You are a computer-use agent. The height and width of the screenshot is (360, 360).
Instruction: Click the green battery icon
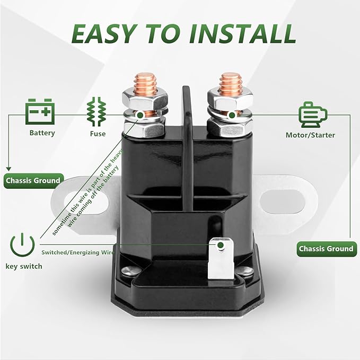pyautogui.click(x=40, y=111)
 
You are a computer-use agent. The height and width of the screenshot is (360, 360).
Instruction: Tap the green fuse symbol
pyautogui.click(x=96, y=111)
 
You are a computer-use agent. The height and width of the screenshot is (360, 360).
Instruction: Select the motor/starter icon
pyautogui.click(x=313, y=115)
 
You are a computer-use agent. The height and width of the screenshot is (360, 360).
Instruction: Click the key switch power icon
pyautogui.click(x=22, y=245)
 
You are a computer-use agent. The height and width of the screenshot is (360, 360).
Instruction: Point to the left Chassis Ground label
pyautogui.click(x=33, y=181)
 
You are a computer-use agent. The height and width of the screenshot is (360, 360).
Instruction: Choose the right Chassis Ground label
pyautogui.click(x=327, y=249)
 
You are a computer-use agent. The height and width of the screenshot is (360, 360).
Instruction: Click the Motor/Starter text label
pyautogui.click(x=310, y=135)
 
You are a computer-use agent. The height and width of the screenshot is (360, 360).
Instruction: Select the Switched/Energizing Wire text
pyautogui.click(x=77, y=252)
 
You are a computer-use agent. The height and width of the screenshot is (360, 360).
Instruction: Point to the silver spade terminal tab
pyautogui.click(x=221, y=259)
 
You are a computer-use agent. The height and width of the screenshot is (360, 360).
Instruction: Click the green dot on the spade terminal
pyautogui.click(x=221, y=245)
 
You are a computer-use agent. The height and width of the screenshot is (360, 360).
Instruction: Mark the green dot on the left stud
pyautogui.click(x=141, y=115)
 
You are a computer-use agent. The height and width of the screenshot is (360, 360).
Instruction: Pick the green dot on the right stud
pyautogui.click(x=232, y=115)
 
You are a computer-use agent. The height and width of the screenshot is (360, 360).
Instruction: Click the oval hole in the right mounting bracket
pyautogui.click(x=283, y=201)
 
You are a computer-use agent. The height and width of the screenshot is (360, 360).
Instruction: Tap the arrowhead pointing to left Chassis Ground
pyautogui.click(x=8, y=169)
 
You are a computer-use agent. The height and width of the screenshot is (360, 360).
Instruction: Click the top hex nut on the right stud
pyautogui.click(x=230, y=98)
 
